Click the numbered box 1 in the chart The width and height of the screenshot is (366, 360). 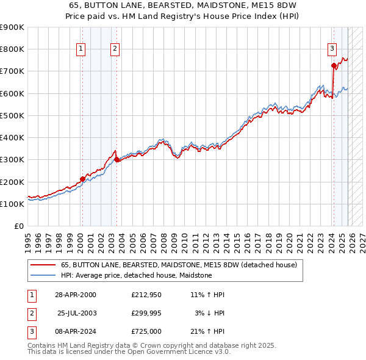[81, 50]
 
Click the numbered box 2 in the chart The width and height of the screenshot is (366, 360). [115, 50]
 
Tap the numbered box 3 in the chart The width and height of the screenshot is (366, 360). [332, 50]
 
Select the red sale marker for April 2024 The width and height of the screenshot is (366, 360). [334, 66]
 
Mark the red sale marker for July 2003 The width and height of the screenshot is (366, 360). [117, 160]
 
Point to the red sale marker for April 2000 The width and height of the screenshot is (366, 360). [83, 179]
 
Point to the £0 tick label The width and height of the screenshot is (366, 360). [19, 226]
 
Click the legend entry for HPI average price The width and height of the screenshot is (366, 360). [136, 275]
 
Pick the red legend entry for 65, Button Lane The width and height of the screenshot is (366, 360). [179, 265]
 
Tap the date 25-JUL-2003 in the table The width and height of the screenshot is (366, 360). [79, 313]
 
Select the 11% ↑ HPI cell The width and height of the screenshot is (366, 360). [207, 295]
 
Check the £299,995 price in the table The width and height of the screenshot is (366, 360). [146, 313]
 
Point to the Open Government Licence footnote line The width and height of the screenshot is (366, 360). [129, 352]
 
